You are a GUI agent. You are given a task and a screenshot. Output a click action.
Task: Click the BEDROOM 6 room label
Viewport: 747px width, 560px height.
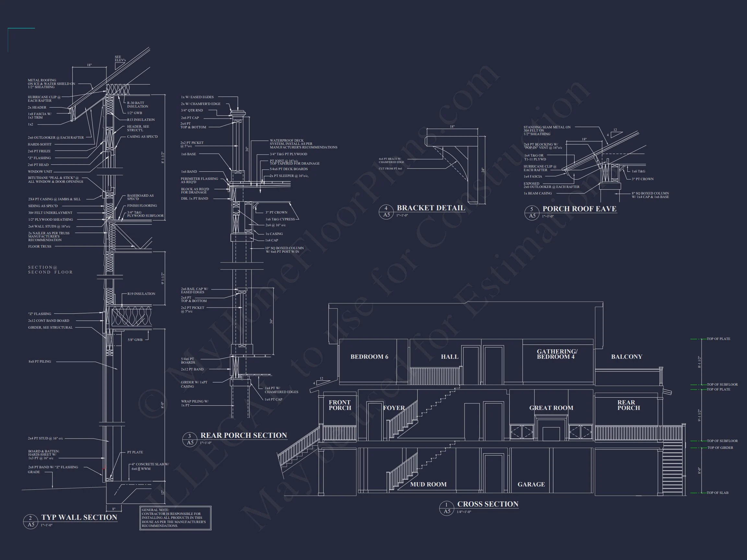(369, 357)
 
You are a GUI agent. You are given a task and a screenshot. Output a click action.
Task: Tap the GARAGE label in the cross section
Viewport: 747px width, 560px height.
(531, 484)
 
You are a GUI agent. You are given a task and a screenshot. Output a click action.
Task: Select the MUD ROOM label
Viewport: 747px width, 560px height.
(428, 484)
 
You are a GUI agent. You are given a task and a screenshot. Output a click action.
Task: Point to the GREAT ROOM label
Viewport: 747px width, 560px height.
(551, 408)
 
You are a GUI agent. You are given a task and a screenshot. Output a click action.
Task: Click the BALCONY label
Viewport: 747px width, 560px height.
(626, 357)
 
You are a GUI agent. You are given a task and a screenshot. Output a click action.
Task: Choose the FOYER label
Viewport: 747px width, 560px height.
(394, 408)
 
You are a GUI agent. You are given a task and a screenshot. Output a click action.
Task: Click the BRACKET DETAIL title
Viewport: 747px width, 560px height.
(431, 208)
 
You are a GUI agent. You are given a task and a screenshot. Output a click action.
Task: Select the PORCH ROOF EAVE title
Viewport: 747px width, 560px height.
(579, 209)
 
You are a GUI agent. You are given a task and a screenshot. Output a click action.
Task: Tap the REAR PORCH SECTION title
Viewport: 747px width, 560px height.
(243, 436)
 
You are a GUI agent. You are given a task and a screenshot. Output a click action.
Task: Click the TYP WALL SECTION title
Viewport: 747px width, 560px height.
(79, 518)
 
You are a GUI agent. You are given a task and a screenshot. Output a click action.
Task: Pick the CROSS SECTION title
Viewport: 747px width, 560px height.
(487, 504)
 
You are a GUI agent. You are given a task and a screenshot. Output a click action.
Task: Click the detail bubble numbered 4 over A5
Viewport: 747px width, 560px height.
(386, 211)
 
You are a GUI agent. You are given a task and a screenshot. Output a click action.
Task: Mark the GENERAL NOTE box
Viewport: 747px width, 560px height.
(175, 518)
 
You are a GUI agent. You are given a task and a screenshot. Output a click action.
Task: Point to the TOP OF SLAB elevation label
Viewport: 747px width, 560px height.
(717, 493)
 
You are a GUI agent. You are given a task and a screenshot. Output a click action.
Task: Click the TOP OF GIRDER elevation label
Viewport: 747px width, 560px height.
(720, 448)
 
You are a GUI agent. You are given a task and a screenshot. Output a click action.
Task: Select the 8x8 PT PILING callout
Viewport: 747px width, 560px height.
(40, 362)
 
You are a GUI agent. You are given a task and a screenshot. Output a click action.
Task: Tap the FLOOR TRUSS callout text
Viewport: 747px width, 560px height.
(40, 246)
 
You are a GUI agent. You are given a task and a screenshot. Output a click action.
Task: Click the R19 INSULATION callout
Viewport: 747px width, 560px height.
(141, 294)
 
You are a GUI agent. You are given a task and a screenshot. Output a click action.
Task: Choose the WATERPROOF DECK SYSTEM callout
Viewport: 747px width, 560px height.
(303, 144)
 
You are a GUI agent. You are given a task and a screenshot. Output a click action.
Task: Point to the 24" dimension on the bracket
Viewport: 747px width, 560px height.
(482, 170)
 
